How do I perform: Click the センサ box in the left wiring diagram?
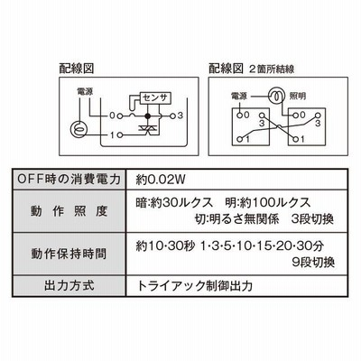click(x=156, y=97)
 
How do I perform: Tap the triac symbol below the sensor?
click(x=147, y=129)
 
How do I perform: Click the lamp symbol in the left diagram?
click(x=79, y=129)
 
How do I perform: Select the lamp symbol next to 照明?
click(x=277, y=96)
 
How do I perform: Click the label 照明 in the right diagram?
click(x=298, y=97)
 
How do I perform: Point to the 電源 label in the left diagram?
click(x=85, y=91)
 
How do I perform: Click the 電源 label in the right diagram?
click(x=239, y=97)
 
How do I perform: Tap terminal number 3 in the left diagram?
click(x=180, y=116)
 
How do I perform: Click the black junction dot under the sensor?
click(x=147, y=116)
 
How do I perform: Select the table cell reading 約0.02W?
click(x=161, y=180)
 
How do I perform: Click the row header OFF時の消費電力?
click(x=69, y=180)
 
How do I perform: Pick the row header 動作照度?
click(x=69, y=211)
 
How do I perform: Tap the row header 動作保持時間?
click(x=69, y=254)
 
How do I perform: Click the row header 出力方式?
click(x=69, y=285)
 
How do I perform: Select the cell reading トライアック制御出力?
click(x=194, y=286)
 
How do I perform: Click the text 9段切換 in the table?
click(x=313, y=263)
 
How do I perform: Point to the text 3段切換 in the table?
click(x=312, y=219)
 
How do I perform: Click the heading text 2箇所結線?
click(x=272, y=69)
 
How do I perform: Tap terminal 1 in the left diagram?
click(x=112, y=135)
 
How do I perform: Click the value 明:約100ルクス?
click(x=268, y=203)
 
